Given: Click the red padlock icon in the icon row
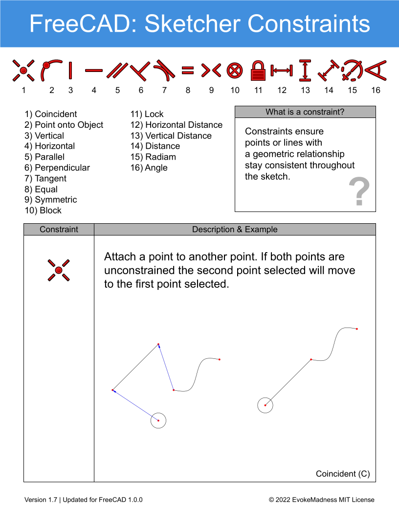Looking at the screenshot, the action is tap(258, 70).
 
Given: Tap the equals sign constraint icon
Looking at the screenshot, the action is tap(188, 70).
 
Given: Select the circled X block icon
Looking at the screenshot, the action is tap(235, 70).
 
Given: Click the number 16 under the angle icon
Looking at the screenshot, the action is tap(376, 91).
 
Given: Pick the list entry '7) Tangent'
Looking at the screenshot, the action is tap(45, 178).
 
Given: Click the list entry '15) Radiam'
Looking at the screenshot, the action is tap(153, 157).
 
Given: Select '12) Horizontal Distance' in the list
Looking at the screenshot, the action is tap(177, 125).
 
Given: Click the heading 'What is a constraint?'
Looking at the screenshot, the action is tap(305, 112).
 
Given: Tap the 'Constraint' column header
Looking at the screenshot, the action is tap(59, 230).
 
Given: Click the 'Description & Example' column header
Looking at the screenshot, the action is tap(235, 230).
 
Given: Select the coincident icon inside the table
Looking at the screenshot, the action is tap(59, 270).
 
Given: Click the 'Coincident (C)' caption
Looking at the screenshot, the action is tap(343, 474).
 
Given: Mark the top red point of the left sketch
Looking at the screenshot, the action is tap(158, 344).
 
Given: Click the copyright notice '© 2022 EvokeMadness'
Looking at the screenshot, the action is tap(303, 500).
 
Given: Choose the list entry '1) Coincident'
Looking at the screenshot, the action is tap(51, 114).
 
